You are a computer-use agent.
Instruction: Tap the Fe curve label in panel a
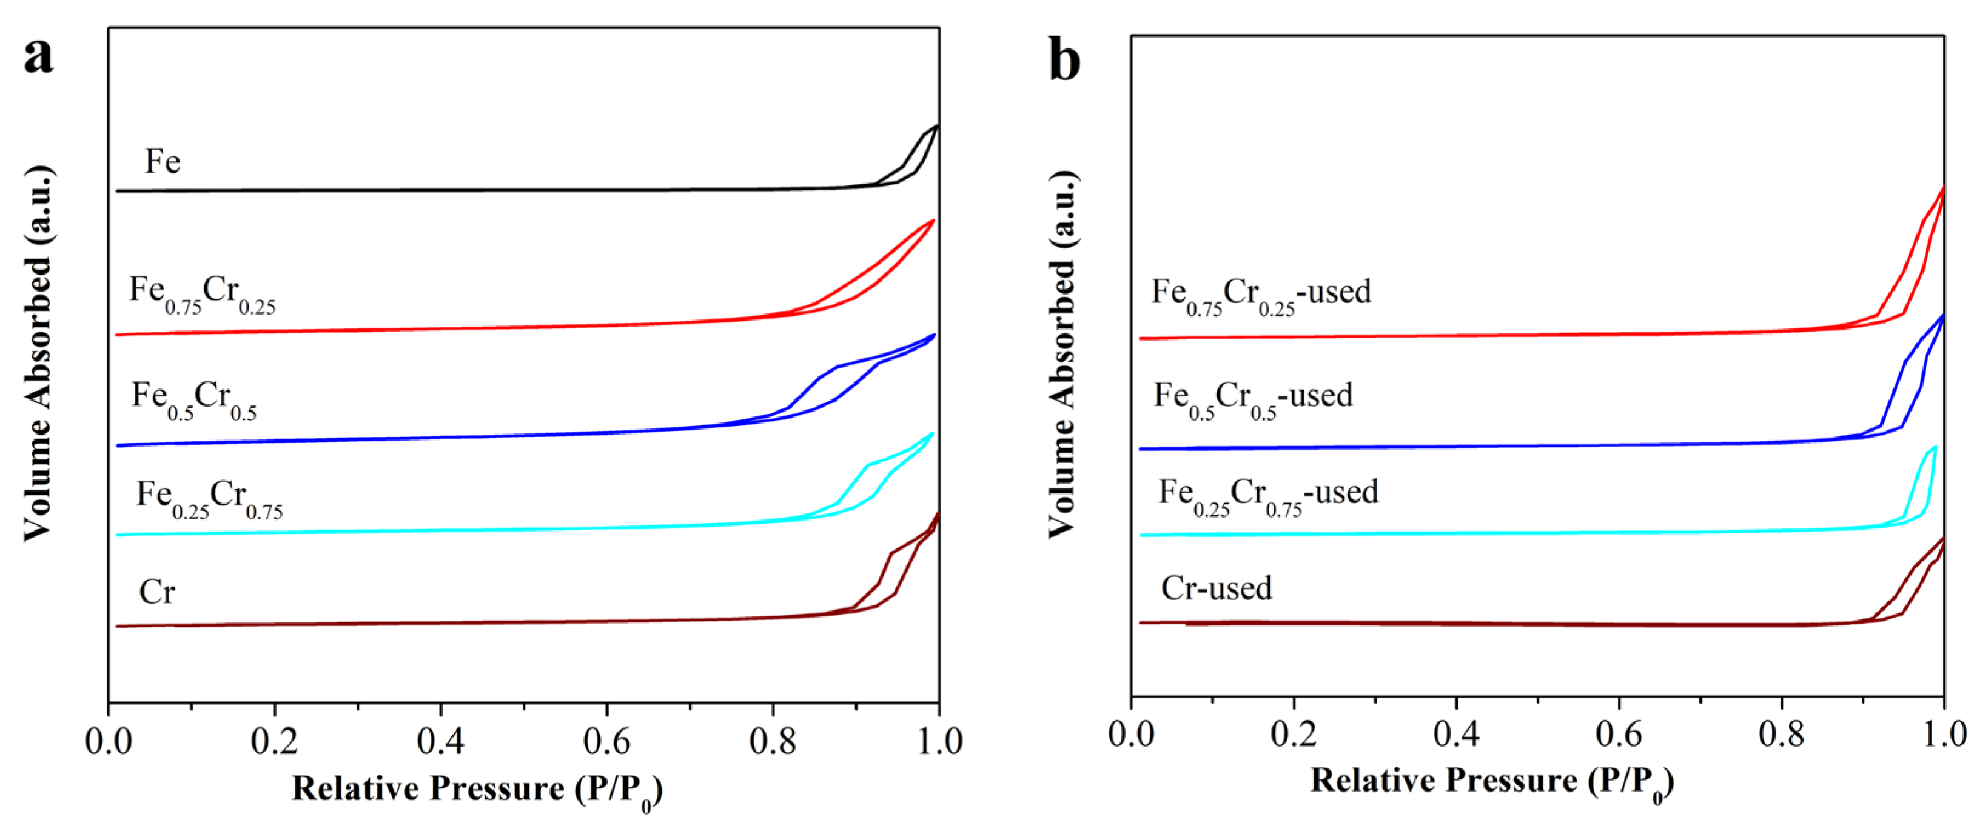[x=163, y=162]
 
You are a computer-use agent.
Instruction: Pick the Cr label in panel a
[x=156, y=592]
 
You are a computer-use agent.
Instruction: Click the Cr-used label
[x=1217, y=588]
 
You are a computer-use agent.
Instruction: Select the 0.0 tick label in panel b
[x=1131, y=733]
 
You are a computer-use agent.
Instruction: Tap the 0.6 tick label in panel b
[x=1619, y=733]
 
